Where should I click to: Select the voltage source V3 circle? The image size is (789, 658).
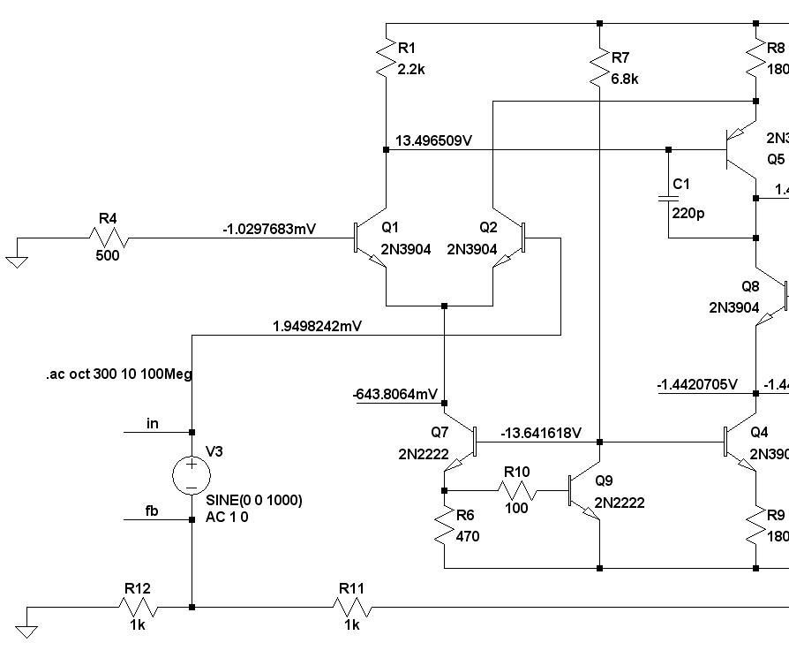click(x=192, y=475)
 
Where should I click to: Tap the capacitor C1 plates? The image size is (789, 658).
click(x=668, y=200)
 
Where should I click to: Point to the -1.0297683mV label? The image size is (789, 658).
click(x=269, y=230)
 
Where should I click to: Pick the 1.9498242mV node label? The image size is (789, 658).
click(x=318, y=326)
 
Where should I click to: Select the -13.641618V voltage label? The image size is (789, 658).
click(x=540, y=433)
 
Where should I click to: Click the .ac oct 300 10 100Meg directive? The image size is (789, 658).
click(x=119, y=374)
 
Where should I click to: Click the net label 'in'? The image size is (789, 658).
click(x=153, y=424)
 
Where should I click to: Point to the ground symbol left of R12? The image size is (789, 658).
click(x=27, y=630)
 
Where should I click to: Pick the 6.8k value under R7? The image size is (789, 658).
click(x=624, y=79)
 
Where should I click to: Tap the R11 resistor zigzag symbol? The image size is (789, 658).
click(x=352, y=607)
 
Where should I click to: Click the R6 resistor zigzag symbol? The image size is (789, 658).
click(x=446, y=528)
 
